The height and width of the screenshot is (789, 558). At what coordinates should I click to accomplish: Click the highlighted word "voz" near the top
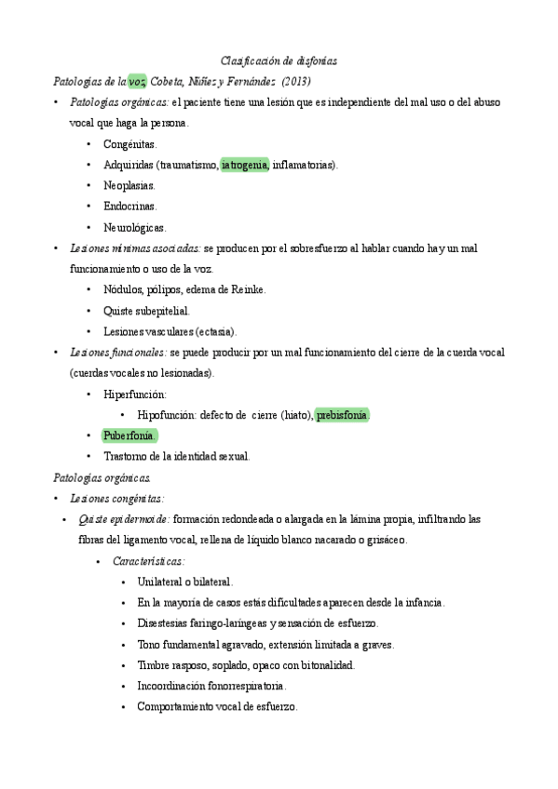(x=137, y=81)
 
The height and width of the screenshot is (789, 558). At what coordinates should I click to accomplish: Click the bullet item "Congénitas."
(x=130, y=144)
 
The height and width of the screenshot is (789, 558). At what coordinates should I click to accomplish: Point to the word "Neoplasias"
(x=129, y=186)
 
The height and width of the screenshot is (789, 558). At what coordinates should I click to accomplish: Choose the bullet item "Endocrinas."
(x=130, y=207)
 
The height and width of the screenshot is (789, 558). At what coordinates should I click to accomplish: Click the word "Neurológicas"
(x=134, y=227)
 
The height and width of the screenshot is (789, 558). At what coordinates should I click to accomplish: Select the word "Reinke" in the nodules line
(x=247, y=289)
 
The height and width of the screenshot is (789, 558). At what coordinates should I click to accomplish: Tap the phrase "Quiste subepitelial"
(x=147, y=311)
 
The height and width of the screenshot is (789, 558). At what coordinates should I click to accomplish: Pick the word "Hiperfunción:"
(x=135, y=394)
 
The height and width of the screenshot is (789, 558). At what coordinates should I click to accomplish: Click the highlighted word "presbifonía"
(x=343, y=415)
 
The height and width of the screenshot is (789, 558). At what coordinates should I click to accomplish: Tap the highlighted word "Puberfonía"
(x=129, y=435)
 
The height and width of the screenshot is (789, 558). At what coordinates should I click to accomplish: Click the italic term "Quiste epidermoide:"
(x=125, y=519)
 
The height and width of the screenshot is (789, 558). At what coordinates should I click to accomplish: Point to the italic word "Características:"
(x=148, y=561)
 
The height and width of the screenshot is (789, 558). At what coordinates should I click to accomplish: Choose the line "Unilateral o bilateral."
(x=184, y=582)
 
